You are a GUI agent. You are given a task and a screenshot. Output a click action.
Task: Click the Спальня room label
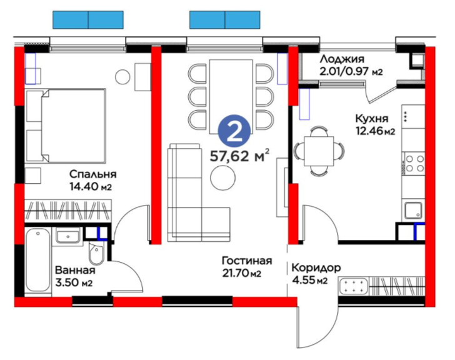tap(93, 174)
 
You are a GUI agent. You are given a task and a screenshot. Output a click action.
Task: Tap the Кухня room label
tap(372, 119)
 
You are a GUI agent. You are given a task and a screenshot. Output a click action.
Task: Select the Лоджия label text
tap(342, 59)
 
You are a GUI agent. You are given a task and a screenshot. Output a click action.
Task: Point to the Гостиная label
tap(247, 261)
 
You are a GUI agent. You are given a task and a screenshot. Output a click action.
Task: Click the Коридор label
tap(316, 267)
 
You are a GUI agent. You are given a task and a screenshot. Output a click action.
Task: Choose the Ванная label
tap(75, 270)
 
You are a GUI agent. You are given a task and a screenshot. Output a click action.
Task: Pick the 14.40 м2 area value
tap(91, 186)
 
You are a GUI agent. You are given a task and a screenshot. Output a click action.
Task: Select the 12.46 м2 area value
tap(375, 131)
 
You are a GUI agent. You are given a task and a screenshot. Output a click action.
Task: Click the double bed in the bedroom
tap(66, 126)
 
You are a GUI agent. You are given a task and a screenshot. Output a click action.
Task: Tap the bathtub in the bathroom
tap(38, 262)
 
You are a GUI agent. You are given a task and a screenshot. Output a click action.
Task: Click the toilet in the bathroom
tap(96, 254)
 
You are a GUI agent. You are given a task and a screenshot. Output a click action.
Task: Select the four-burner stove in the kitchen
tap(413, 164)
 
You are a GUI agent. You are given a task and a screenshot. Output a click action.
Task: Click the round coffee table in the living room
tap(223, 178)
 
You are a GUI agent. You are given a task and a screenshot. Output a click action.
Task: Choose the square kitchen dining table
tap(319, 151)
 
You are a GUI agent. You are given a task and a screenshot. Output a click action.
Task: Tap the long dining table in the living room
tap(231, 97)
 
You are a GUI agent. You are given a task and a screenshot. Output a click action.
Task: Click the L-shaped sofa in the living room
tap(199, 193)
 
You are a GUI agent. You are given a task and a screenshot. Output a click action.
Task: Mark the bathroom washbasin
tap(68, 236)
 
